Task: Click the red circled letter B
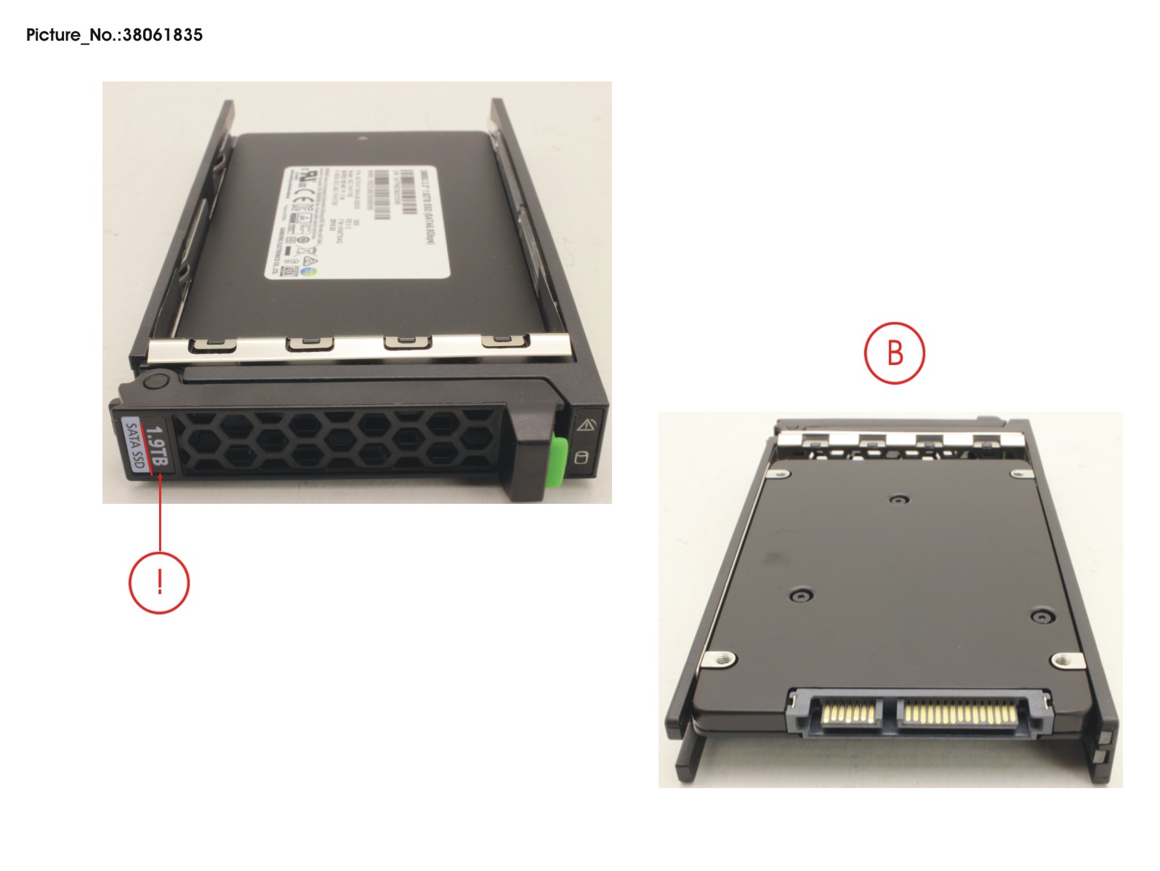[894, 353]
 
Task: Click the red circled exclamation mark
[159, 582]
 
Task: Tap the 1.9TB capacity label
[156, 446]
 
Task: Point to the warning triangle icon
[586, 425]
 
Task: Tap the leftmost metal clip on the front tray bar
[212, 344]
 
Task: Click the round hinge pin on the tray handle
[155, 383]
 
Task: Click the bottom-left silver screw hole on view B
[722, 660]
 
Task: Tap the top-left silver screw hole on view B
[780, 474]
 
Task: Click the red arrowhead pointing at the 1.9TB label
[159, 479]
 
